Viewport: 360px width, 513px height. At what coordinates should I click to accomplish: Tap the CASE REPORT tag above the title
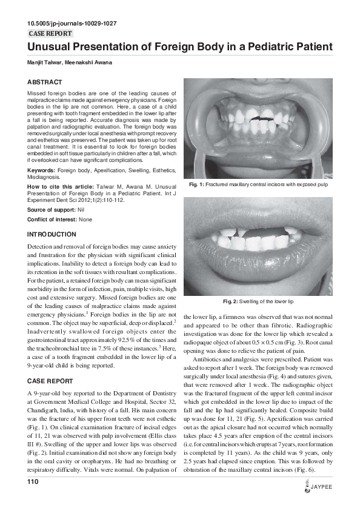tap(50, 34)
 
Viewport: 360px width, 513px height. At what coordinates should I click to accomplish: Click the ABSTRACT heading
tap(45, 82)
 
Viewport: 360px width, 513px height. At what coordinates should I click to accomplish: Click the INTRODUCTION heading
tap(52, 234)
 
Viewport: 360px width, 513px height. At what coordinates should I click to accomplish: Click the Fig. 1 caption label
tap(199, 184)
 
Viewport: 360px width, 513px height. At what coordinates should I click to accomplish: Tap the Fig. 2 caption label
tap(230, 301)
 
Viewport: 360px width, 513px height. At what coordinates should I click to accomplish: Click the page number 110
tap(33, 481)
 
